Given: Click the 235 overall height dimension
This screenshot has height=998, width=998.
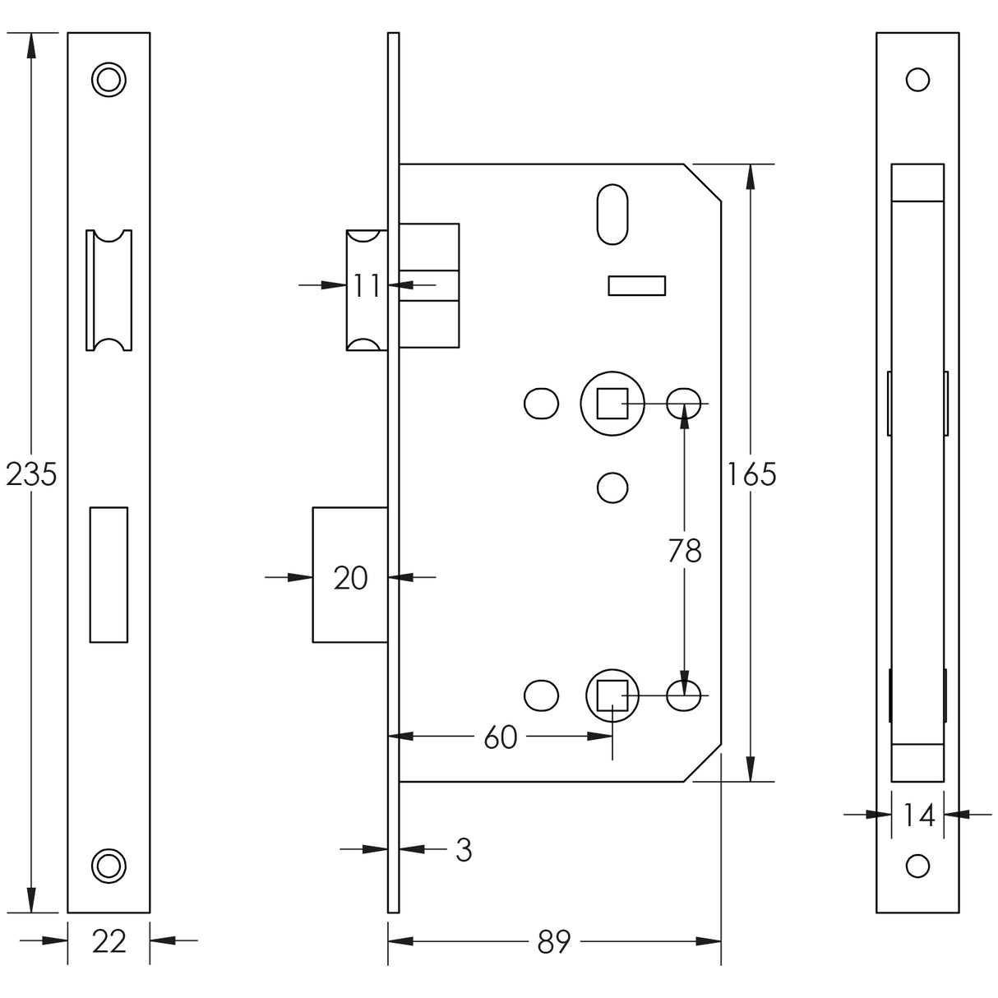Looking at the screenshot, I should (x=30, y=474).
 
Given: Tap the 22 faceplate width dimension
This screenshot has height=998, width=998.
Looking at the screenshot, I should (x=109, y=940).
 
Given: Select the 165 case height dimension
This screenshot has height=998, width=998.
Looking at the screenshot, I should (x=751, y=474).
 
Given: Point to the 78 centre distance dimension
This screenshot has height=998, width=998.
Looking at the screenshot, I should (x=684, y=551).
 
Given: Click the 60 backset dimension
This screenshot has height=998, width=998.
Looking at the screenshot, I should (x=500, y=737).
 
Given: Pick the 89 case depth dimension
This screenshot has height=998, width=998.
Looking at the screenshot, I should (x=553, y=940).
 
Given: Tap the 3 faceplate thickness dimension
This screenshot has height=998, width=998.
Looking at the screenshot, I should (x=464, y=850).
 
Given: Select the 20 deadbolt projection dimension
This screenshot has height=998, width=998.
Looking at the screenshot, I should (x=350, y=578).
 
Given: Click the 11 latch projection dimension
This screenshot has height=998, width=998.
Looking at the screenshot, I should (x=366, y=285).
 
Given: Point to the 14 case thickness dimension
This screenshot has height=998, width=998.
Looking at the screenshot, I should (x=918, y=815).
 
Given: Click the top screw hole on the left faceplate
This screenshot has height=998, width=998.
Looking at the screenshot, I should (x=109, y=79).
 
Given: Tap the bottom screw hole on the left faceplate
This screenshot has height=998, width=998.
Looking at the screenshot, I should (x=109, y=865).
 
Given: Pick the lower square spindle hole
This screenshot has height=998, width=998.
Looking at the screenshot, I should (x=612, y=695).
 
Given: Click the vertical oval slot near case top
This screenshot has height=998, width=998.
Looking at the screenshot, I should (x=612, y=214).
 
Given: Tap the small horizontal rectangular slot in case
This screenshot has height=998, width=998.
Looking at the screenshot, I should (x=636, y=285).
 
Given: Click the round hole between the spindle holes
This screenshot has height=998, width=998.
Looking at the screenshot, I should (x=612, y=487).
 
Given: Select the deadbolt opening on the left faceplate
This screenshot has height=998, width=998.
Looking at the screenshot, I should (x=109, y=574).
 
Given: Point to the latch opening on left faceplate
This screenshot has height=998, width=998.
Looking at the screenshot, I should (x=109, y=289).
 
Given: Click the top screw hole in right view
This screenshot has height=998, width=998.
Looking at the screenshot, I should (x=917, y=80).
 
